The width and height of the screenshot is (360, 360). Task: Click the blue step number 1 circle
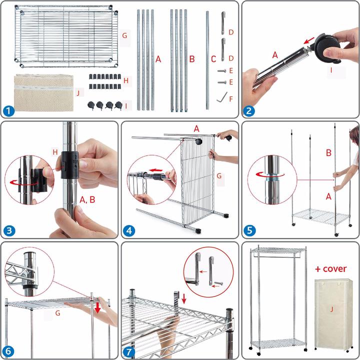tap(8, 111)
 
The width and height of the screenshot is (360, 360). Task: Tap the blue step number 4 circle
tap(129, 230)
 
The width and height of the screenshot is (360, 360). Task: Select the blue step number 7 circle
tap(129, 351)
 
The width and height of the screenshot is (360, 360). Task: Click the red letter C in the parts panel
tap(213, 59)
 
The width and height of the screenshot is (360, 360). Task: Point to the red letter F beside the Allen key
tap(231, 99)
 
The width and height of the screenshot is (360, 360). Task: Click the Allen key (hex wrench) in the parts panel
tap(222, 97)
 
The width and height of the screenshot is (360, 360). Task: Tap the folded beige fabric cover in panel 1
tap(44, 92)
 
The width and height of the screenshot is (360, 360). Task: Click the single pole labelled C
tap(207, 60)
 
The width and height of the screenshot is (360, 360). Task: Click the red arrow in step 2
tap(309, 40)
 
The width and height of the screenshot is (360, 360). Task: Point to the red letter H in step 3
tap(55, 152)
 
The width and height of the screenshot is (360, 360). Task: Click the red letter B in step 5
tap(328, 153)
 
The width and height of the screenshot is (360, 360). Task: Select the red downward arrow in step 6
tap(97, 307)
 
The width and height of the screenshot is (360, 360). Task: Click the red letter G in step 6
tap(57, 312)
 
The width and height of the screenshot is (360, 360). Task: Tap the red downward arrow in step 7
tap(184, 298)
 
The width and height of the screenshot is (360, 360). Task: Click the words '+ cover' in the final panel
tap(330, 268)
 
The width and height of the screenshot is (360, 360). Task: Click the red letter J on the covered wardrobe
tap(331, 309)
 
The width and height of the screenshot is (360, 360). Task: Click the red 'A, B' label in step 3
tap(87, 199)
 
